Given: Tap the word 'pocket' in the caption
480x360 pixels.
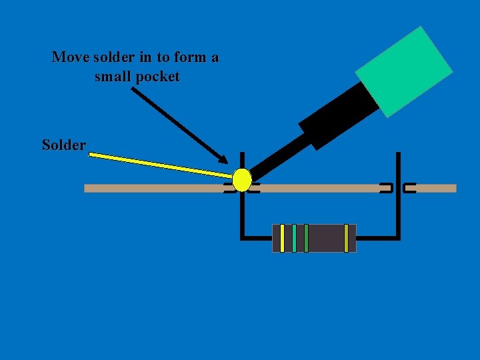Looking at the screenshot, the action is click(x=157, y=77).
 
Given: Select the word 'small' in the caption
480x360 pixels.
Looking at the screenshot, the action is click(x=113, y=77).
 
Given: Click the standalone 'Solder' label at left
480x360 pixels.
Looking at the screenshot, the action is click(x=63, y=145).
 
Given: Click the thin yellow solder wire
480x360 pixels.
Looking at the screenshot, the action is click(x=160, y=165).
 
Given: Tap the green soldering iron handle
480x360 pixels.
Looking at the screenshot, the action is click(x=403, y=71).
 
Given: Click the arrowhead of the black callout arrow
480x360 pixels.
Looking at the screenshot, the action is click(x=223, y=160).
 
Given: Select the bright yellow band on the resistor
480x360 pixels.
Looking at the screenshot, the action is click(x=282, y=238).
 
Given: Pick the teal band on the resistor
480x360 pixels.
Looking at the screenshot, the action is click(x=294, y=238).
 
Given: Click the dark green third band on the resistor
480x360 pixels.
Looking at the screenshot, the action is click(x=306, y=238).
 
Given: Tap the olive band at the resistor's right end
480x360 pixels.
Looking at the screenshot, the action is click(x=346, y=238).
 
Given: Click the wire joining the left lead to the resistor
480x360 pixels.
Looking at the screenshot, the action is click(x=257, y=237).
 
